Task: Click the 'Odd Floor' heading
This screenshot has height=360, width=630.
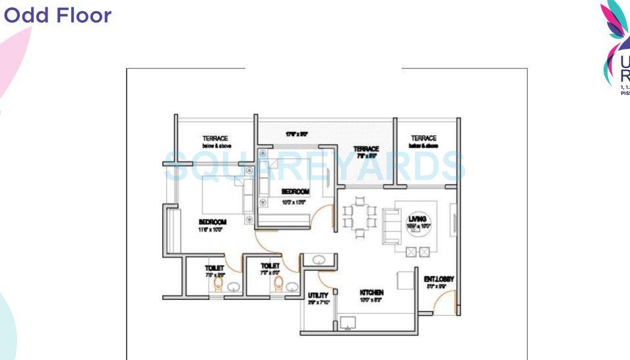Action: pos(57,16)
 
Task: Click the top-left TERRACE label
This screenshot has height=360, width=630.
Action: pos(215,142)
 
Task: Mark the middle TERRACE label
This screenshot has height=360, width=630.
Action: pos(365,152)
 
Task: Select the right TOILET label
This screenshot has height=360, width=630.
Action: pos(270,268)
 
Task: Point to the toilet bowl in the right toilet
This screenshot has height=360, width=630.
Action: pos(279,284)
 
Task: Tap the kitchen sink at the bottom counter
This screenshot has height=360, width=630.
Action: pos(348,323)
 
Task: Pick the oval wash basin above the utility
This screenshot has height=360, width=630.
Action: pos(317,259)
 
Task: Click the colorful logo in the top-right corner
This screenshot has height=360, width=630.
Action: pos(616,46)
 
